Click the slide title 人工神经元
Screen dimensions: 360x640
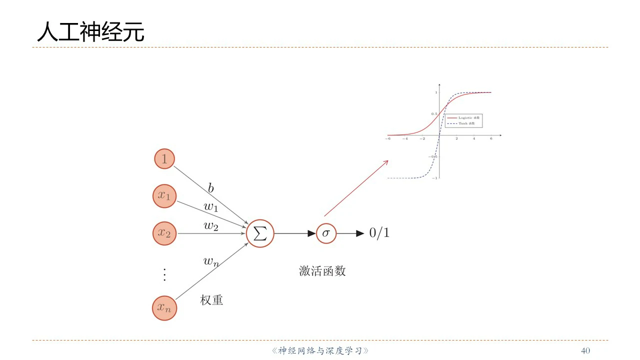(90, 31)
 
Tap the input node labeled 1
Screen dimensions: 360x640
(164, 159)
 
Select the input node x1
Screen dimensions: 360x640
(164, 196)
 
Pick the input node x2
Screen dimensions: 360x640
(164, 233)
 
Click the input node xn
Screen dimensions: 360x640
(164, 307)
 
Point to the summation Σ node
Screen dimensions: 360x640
(260, 233)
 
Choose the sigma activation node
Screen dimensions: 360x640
(326, 233)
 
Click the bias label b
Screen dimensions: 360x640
(211, 188)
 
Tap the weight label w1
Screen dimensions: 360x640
(210, 206)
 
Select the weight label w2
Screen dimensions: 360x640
(210, 225)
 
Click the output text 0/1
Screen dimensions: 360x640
(379, 233)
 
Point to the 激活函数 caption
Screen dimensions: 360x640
(322, 271)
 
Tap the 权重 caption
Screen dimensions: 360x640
(211, 300)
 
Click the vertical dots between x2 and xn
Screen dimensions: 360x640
(164, 274)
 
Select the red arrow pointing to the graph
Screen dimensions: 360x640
(356, 188)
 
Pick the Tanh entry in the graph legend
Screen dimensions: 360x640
(466, 123)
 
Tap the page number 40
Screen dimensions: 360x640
(585, 350)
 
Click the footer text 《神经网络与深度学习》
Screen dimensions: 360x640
(320, 350)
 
